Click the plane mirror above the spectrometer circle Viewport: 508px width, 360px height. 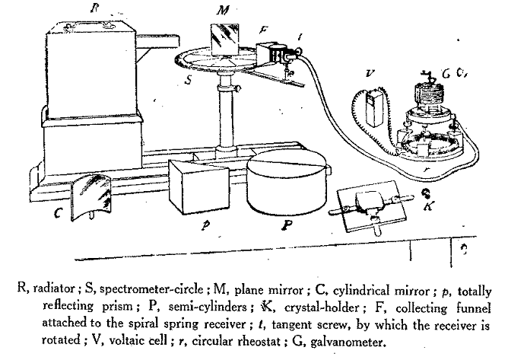click(224, 40)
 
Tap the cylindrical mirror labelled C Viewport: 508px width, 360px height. click(91, 196)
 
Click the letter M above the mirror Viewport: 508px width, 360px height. click(223, 11)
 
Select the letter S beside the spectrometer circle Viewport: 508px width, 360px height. click(189, 79)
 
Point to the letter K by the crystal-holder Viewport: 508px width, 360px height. click(429, 205)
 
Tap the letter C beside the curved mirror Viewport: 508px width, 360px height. click(59, 213)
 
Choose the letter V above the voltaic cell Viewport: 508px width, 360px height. click(370, 74)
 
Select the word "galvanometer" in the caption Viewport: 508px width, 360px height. click(348, 342)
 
